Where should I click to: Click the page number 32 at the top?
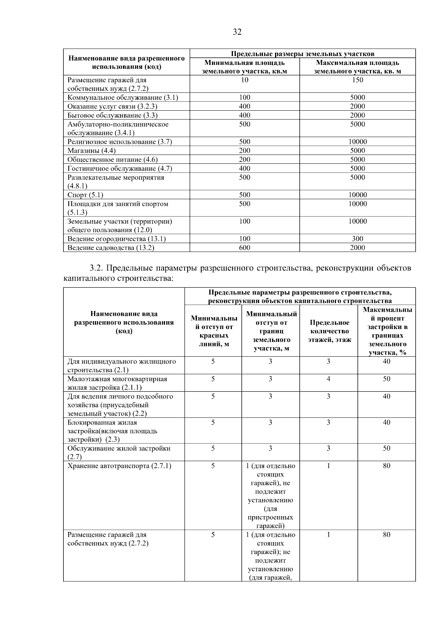(x=237, y=32)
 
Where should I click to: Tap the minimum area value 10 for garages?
(x=244, y=80)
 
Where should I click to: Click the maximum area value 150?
(x=357, y=80)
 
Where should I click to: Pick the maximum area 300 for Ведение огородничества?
(x=357, y=239)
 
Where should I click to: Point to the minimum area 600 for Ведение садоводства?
(x=244, y=248)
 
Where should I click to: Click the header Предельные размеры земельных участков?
(x=302, y=54)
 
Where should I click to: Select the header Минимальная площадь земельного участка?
(x=244, y=67)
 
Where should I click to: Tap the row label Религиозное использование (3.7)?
(x=120, y=142)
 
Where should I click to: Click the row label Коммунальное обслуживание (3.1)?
(x=123, y=98)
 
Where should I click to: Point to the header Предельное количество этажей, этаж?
(x=329, y=331)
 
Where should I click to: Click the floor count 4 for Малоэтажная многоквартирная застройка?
(x=328, y=379)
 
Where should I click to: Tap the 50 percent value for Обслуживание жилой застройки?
(x=386, y=449)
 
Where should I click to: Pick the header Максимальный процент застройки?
(x=387, y=331)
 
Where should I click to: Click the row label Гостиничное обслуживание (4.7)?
(x=120, y=169)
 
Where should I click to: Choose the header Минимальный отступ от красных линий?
(x=213, y=331)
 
